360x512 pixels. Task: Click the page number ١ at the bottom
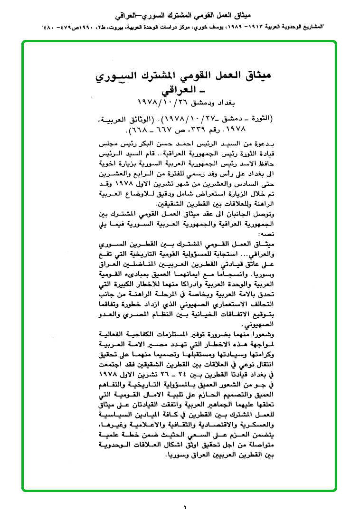click(x=185, y=507)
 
